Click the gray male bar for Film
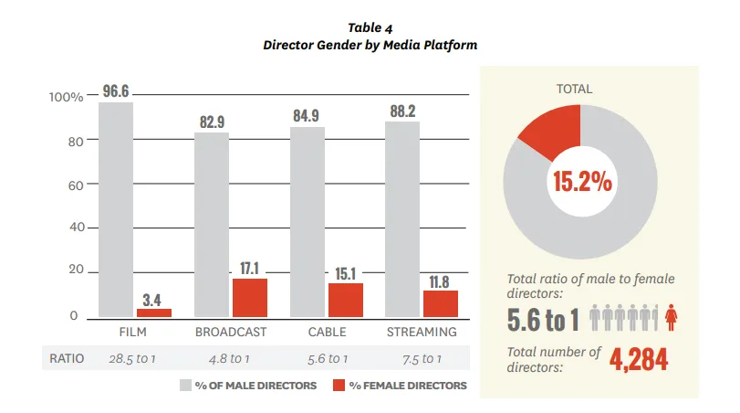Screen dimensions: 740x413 [116, 210]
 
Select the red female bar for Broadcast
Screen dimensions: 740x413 [250, 298]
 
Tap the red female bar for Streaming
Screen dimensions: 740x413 [441, 304]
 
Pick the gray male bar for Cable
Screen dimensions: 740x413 [307, 222]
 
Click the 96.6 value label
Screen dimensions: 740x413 [116, 90]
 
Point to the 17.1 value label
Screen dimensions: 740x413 [250, 269]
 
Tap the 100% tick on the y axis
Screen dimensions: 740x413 [66, 97]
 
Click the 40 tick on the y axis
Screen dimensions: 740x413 [77, 228]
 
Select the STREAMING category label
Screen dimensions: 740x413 [422, 333]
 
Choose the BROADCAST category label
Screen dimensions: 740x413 [231, 333]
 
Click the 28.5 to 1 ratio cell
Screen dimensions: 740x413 [132, 359]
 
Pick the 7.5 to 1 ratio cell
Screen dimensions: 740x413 [422, 359]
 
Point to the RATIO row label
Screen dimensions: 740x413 [67, 359]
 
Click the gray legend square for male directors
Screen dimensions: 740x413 [185, 385]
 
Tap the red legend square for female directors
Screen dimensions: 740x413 [339, 385]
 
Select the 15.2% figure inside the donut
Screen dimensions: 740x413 [582, 182]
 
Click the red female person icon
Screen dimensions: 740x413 [671, 318]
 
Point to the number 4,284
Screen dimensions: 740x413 [639, 360]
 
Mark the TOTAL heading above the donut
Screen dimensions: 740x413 [574, 89]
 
